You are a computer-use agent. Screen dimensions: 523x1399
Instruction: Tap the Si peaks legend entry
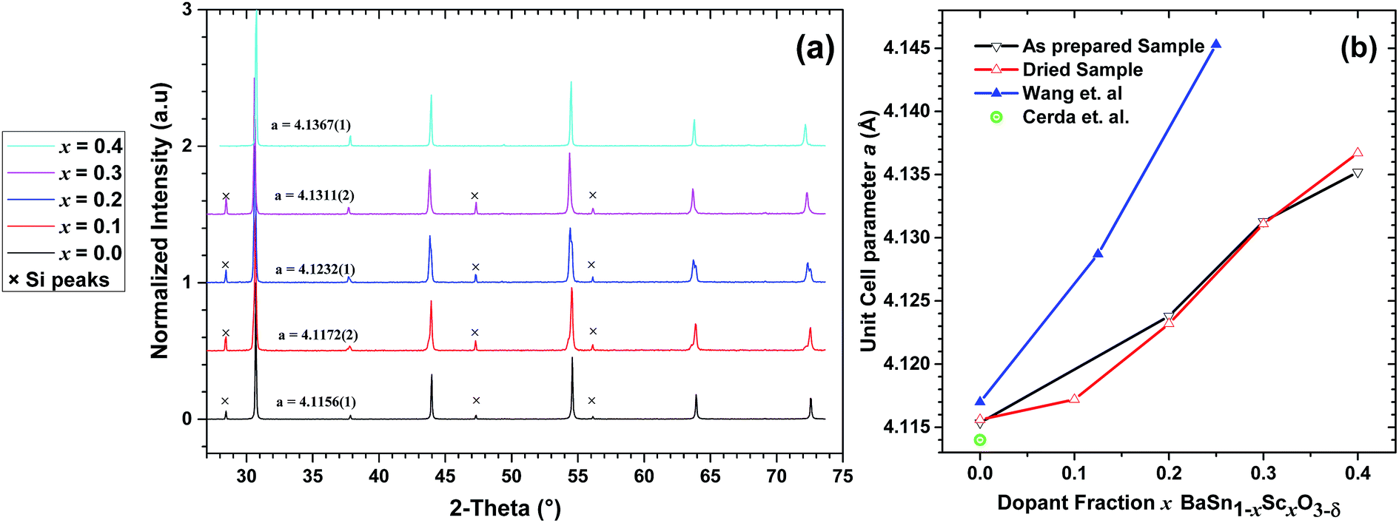coord(59,280)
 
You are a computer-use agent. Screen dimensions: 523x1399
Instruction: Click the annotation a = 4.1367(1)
coord(310,125)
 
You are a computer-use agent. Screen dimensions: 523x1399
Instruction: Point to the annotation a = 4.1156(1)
coord(316,402)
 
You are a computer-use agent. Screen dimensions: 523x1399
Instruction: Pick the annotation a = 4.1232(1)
coord(315,269)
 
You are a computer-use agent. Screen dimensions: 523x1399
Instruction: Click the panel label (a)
coord(814,49)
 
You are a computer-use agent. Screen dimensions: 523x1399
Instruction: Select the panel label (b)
coord(1358,48)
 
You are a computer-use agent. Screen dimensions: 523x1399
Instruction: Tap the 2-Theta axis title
coord(505,508)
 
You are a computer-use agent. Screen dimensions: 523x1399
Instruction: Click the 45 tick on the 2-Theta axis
coord(445,476)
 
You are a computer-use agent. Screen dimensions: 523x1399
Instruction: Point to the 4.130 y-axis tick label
coord(907,238)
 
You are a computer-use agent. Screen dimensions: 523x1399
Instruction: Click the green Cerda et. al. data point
coord(980,440)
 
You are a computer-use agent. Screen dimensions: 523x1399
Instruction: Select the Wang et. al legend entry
coord(1071,93)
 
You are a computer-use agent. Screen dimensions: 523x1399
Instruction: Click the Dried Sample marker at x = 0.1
coord(1075,399)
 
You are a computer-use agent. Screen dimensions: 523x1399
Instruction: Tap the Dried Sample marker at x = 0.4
coord(1358,153)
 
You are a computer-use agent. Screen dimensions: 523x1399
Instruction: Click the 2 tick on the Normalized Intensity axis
coord(187,146)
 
